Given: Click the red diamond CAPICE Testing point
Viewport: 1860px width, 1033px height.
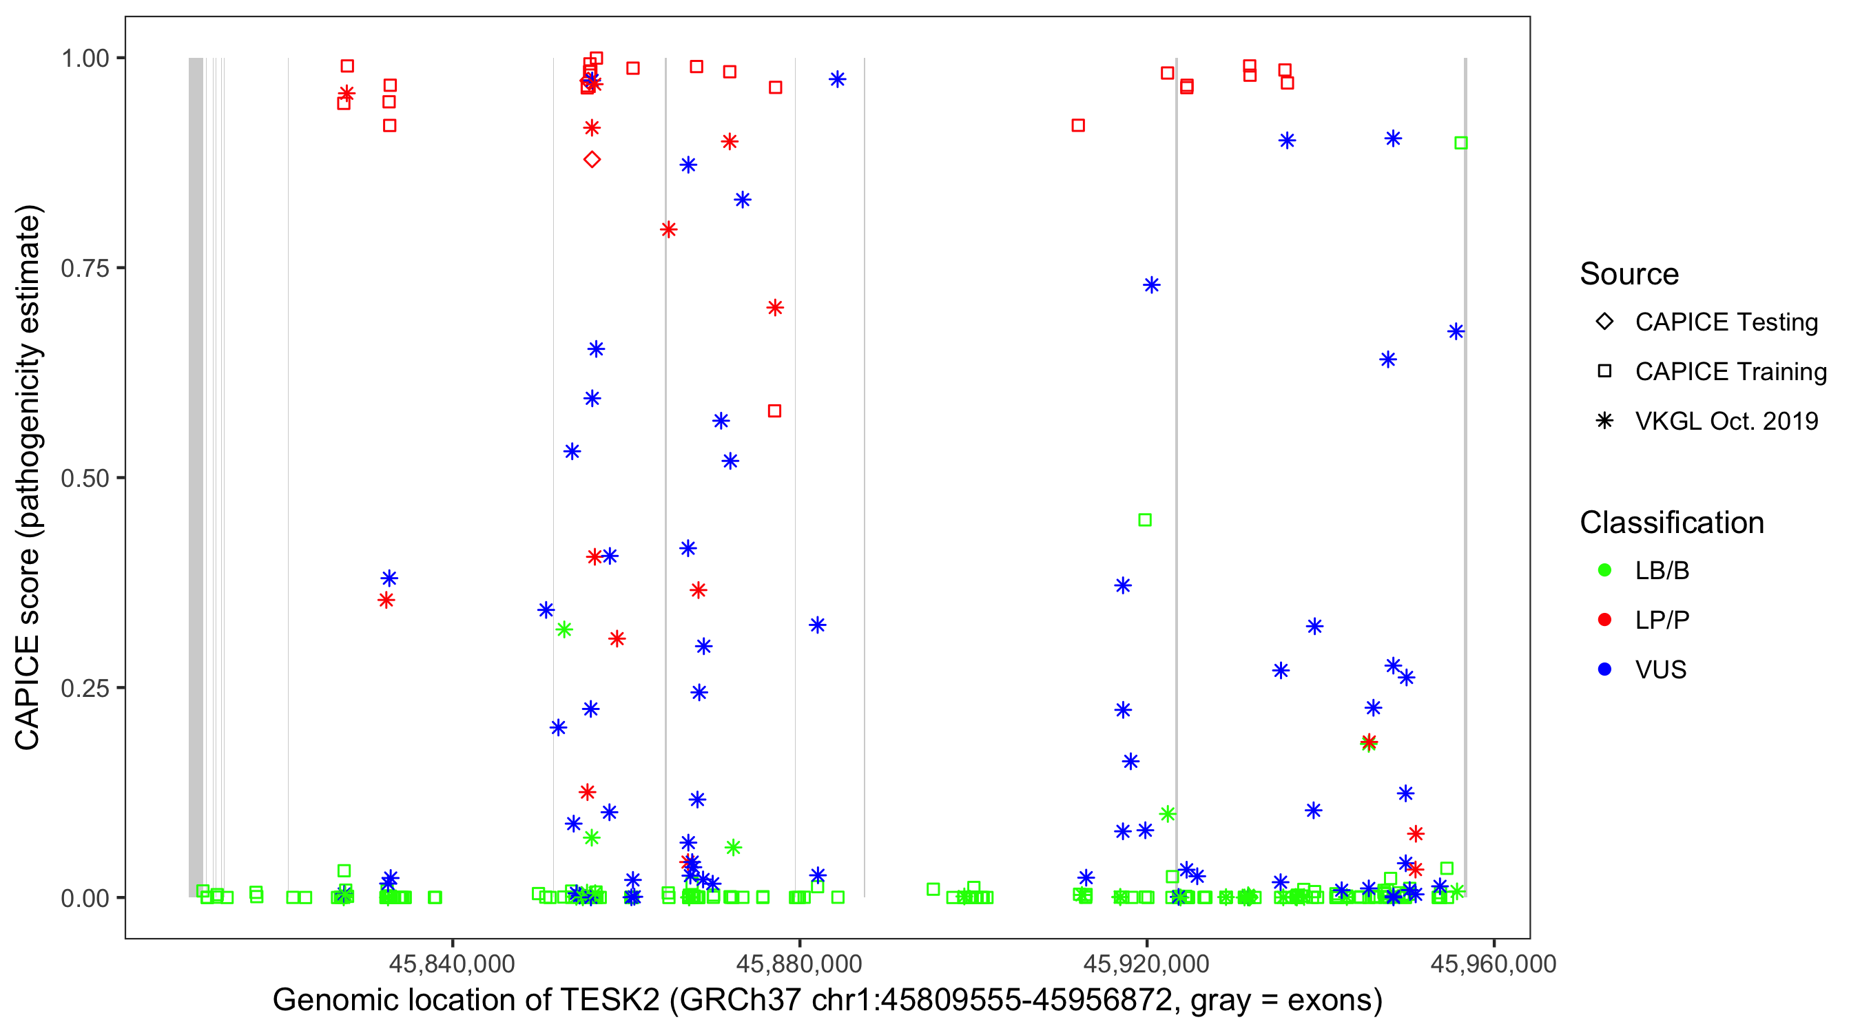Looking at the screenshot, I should [x=591, y=160].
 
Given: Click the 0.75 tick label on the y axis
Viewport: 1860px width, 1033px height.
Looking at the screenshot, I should [x=85, y=268].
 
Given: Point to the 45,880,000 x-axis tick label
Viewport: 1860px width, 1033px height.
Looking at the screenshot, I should [x=799, y=963].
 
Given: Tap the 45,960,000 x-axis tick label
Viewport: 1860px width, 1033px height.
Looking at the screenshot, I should [x=1494, y=963].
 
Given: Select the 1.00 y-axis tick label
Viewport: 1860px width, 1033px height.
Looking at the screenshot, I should [x=85, y=58].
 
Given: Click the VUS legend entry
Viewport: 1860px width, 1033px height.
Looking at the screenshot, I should [x=1660, y=669].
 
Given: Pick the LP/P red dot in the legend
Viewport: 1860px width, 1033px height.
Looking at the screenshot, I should [x=1604, y=620].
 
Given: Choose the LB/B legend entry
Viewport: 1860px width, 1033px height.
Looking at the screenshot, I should [x=1662, y=570].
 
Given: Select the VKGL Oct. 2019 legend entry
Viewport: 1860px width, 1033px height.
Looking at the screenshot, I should [x=1726, y=421].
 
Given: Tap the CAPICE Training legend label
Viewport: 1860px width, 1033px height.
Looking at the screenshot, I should [x=1730, y=372].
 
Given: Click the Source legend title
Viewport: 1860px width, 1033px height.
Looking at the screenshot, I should [x=1629, y=274].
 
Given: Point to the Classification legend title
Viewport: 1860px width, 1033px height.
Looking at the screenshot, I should [x=1671, y=523].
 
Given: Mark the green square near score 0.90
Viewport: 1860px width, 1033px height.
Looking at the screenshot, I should [x=1460, y=143].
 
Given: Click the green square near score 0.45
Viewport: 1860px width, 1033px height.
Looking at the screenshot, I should [x=1144, y=520].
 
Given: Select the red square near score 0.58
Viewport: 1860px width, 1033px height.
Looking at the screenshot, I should [x=774, y=410].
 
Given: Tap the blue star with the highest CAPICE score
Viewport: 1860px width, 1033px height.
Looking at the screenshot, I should [x=837, y=79].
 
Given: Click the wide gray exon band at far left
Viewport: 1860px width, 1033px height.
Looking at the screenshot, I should [x=196, y=477].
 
